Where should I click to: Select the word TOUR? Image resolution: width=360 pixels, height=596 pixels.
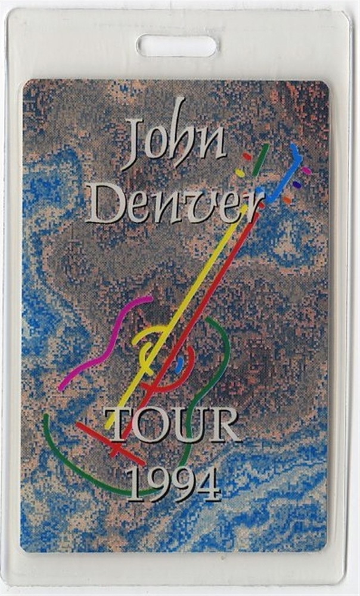point(172,425)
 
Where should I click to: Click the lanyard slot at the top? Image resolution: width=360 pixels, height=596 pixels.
point(177,46)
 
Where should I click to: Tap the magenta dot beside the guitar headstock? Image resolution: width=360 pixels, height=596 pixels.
point(306,170)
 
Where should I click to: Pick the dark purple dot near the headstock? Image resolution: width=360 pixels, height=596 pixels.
point(297,184)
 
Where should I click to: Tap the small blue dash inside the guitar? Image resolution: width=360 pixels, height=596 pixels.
point(179,364)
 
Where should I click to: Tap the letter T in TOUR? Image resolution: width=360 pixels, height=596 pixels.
point(118,424)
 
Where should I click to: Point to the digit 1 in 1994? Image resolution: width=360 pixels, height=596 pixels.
point(133,483)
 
